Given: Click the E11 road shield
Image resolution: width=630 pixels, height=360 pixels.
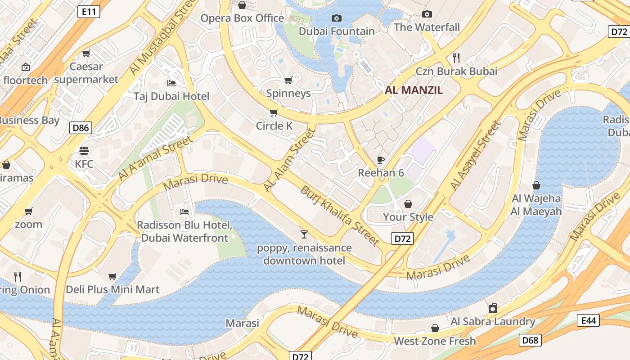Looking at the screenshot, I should pyautogui.click(x=89, y=12).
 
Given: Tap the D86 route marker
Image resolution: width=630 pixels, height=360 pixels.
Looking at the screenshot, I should pyautogui.click(x=81, y=128).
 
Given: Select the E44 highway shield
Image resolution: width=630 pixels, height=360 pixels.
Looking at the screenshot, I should pyautogui.click(x=589, y=320).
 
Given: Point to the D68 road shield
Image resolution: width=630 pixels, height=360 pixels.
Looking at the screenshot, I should pyautogui.click(x=530, y=340).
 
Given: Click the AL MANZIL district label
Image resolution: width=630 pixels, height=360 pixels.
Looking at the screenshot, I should pyautogui.click(x=414, y=90).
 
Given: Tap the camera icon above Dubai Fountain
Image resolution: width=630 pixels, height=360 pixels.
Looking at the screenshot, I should pyautogui.click(x=336, y=18).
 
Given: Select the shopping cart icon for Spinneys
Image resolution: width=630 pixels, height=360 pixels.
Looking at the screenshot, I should pyautogui.click(x=288, y=81).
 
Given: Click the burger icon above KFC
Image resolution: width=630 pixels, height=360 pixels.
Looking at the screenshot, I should pyautogui.click(x=84, y=150).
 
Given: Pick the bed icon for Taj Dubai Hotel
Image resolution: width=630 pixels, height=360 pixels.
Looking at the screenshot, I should pyautogui.click(x=171, y=83).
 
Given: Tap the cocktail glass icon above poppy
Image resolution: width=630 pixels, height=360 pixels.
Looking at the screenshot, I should pyautogui.click(x=304, y=234).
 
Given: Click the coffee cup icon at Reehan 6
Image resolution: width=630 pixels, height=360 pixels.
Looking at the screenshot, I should pyautogui.click(x=381, y=160).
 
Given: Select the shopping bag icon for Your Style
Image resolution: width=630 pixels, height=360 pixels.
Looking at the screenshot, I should pyautogui.click(x=408, y=204).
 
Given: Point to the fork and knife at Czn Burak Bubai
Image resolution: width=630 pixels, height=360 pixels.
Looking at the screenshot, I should pyautogui.click(x=456, y=58).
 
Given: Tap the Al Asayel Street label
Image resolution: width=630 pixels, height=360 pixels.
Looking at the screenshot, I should pyautogui.click(x=475, y=155).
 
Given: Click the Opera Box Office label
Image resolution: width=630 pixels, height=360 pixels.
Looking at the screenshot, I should pyautogui.click(x=242, y=18).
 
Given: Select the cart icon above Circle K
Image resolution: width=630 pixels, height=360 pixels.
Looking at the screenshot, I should pyautogui.click(x=274, y=112).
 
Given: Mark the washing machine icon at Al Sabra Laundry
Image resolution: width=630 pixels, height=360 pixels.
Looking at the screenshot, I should pyautogui.click(x=493, y=308).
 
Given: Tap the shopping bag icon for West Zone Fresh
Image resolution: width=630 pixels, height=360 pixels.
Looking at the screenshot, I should pyautogui.click(x=435, y=328).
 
